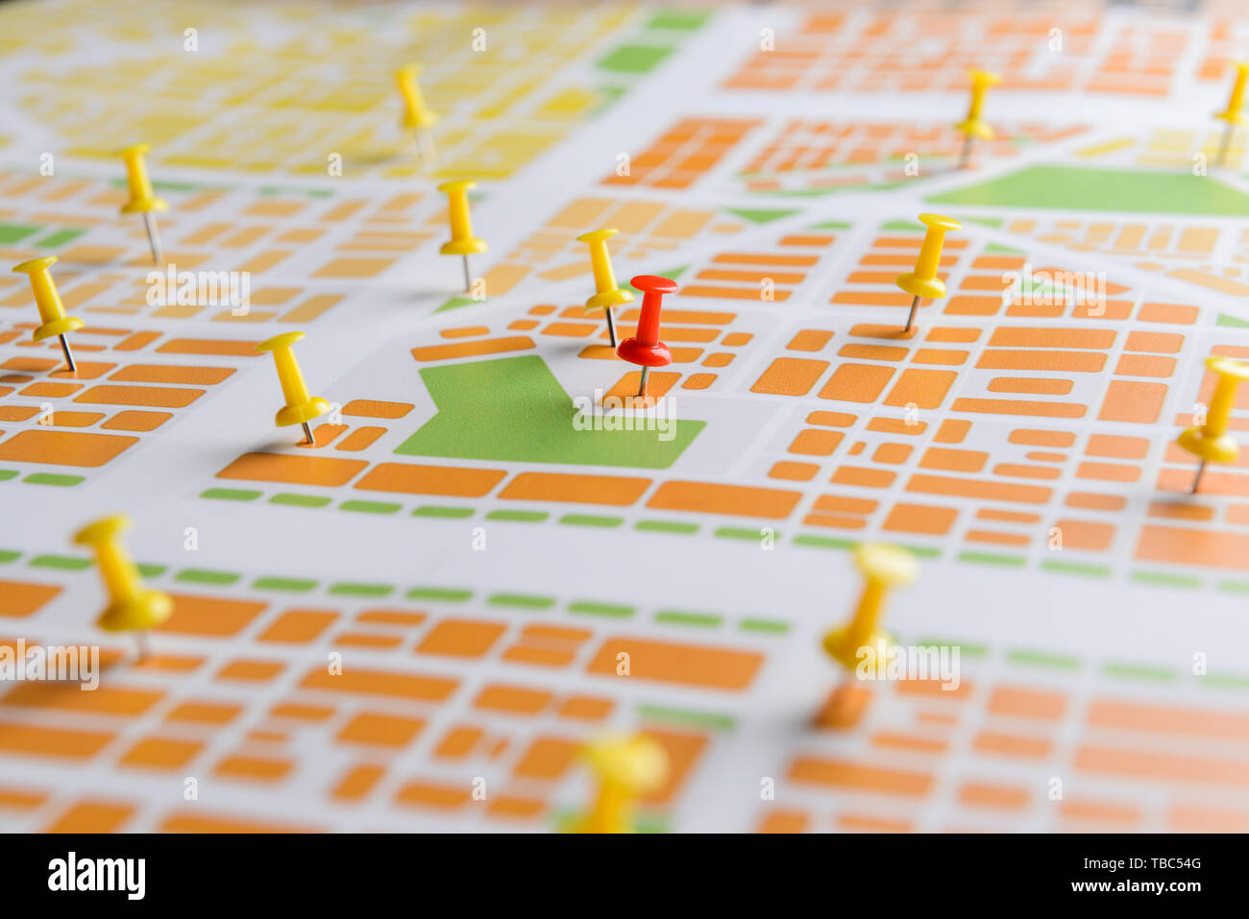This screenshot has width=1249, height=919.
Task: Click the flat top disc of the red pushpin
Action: [653, 284]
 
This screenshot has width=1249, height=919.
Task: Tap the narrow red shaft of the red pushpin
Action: [649, 318]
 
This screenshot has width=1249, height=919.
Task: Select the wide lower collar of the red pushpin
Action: [644, 351]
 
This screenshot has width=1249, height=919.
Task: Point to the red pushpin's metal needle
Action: [643, 380]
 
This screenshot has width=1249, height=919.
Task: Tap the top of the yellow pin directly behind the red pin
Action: [597, 234]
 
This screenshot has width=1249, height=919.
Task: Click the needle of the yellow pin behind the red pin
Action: [611, 327]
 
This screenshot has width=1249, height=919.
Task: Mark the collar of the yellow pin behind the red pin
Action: [608, 300]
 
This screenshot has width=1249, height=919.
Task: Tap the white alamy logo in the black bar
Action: [96, 876]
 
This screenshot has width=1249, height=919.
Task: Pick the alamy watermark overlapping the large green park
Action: [624, 414]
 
